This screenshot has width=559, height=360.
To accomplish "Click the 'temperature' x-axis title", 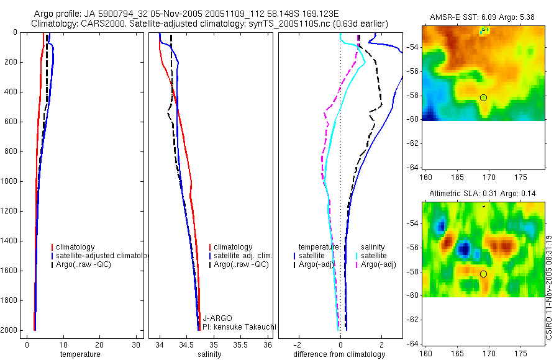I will coord(80,354).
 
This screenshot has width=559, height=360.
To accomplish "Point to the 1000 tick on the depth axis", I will coord(11,181).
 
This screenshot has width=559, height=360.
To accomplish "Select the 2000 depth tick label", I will coord(11,330).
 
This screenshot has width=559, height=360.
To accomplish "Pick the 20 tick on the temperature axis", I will coord(99,344).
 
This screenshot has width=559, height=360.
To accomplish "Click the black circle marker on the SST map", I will coord(483,97).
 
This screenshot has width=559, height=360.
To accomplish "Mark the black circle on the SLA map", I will coord(483,274).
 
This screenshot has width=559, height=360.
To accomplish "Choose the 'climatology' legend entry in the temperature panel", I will coord(75,247).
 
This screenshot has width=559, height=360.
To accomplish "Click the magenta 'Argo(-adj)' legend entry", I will coord(378,265).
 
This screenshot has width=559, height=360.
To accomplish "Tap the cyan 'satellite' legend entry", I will coord(375,256).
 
